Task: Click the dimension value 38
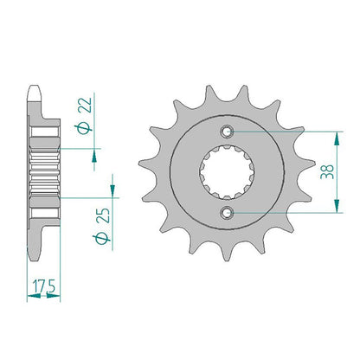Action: (x=327, y=171)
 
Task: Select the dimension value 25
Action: (x=103, y=215)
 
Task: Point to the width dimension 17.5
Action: (x=44, y=286)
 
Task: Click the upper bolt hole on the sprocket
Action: (x=227, y=132)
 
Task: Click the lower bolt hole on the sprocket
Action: (x=227, y=213)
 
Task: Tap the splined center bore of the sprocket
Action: (x=227, y=172)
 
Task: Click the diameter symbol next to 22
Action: (x=83, y=128)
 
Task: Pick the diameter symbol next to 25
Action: (x=101, y=238)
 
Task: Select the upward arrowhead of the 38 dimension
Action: (x=337, y=138)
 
